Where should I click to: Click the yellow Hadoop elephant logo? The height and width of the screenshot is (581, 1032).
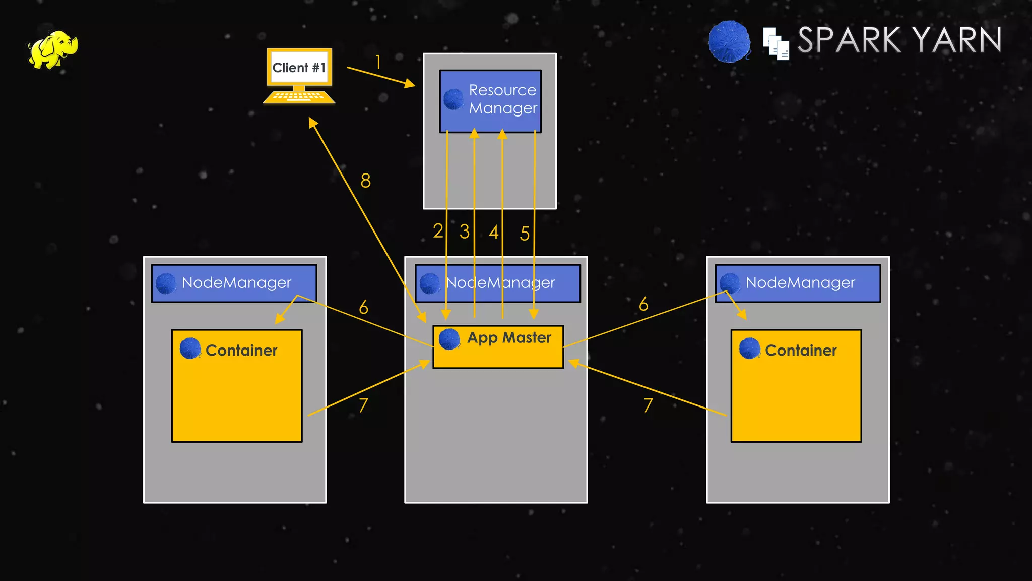coord(53,49)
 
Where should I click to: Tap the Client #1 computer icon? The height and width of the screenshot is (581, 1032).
coord(299,76)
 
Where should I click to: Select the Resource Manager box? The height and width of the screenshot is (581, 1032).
coord(490,101)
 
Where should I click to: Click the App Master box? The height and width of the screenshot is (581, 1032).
coord(498,346)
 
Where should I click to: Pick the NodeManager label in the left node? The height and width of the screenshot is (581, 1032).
coord(236,283)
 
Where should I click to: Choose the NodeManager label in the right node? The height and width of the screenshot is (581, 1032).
coord(800,283)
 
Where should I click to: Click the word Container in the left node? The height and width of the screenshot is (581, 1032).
coord(241,351)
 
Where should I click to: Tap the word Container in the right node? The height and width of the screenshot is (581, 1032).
coord(801,351)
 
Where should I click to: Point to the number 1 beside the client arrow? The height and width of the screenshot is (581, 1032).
coord(378,62)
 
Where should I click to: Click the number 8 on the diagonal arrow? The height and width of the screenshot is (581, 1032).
coord(366,181)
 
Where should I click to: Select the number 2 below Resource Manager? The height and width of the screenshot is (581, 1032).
coord(438,231)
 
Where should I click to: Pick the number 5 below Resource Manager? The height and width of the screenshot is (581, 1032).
coord(525,234)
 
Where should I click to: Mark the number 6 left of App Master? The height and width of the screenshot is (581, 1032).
coord(363,307)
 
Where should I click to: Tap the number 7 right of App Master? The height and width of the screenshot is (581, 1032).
coord(648,405)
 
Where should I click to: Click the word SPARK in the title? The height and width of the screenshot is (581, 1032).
coord(850,40)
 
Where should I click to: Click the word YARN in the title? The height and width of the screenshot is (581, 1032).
coord(957,40)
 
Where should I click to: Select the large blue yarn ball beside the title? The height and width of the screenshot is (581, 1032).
coord(729,42)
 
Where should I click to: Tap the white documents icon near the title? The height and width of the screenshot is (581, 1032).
coord(776,44)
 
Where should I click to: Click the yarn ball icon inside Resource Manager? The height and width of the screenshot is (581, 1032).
coord(454,99)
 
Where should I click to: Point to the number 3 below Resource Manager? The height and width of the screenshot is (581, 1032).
coord(464,231)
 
